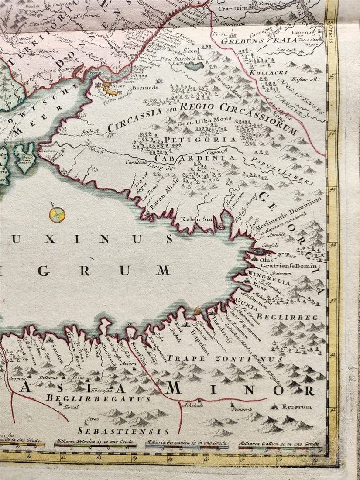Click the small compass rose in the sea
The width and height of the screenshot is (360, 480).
click(x=57, y=214)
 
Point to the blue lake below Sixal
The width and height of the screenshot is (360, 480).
click(x=194, y=66)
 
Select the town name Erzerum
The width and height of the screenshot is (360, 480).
click(x=297, y=407)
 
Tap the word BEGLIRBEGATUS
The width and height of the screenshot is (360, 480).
click(x=98, y=398)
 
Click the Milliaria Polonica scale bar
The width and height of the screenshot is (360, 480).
click(x=95, y=446)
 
